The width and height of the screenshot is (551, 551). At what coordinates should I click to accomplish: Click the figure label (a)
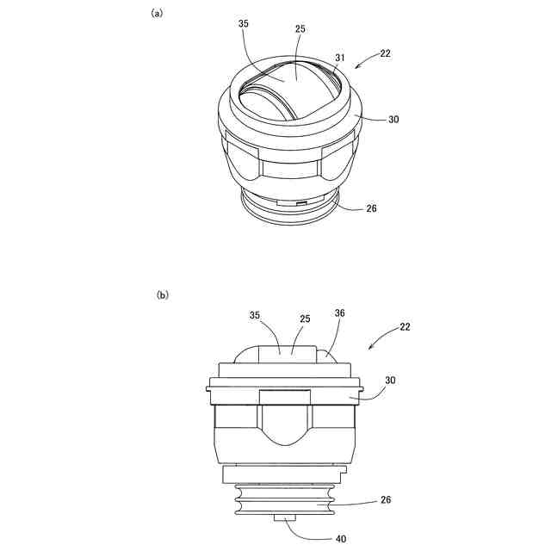157,14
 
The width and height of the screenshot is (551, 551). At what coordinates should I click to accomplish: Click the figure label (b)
163,294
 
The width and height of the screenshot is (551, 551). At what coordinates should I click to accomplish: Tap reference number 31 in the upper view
340,58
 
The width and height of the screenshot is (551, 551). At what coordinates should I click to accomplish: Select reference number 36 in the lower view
340,313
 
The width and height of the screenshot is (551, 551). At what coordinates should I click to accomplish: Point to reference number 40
341,538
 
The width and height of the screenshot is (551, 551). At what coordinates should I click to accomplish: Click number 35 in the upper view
243,23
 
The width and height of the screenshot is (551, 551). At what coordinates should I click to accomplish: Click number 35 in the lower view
255,315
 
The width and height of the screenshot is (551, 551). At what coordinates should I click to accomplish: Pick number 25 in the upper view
300,28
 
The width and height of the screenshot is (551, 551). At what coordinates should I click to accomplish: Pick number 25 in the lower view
305,319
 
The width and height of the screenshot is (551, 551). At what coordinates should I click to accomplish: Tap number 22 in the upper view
385,53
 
